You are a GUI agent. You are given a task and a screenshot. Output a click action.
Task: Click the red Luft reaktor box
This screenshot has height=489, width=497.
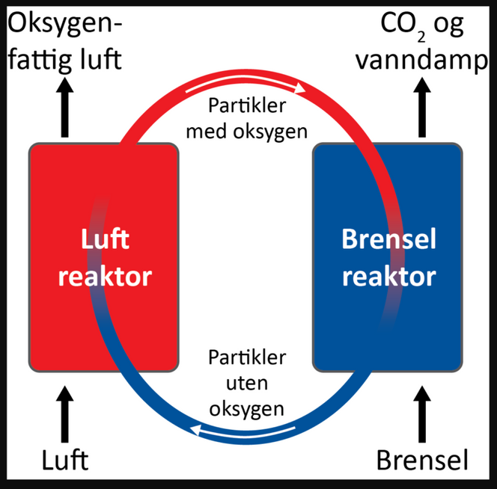[60, 322]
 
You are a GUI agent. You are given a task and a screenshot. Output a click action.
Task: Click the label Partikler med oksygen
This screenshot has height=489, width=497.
[246, 120]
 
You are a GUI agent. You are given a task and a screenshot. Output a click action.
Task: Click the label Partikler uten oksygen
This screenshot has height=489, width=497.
[246, 382]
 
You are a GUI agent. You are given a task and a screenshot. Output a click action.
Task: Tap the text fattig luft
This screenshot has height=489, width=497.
[64, 58]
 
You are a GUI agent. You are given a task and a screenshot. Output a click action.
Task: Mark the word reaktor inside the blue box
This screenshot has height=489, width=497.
[388, 277]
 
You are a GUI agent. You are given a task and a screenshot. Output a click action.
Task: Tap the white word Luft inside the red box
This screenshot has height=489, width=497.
[105, 241]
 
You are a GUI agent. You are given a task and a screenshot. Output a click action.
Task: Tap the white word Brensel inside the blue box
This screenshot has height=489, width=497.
[388, 241]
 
